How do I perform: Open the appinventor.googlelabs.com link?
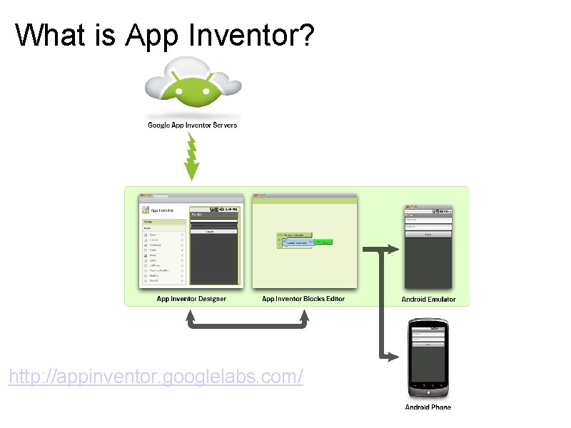pyautogui.click(x=156, y=376)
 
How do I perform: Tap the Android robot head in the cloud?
pyautogui.click(x=191, y=88)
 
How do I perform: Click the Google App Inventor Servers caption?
pyautogui.click(x=192, y=126)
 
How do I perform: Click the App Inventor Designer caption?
pyautogui.click(x=191, y=299)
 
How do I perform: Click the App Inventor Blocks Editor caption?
pyautogui.click(x=303, y=299)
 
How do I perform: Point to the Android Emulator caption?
pyautogui.click(x=428, y=300)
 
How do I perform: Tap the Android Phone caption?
pyautogui.click(x=428, y=407)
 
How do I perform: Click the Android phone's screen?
pyautogui.click(x=428, y=357)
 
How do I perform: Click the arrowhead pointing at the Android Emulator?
pyautogui.click(x=394, y=249)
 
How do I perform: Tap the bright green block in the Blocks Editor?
pyautogui.click(x=321, y=243)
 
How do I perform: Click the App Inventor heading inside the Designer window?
pyautogui.click(x=162, y=210)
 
